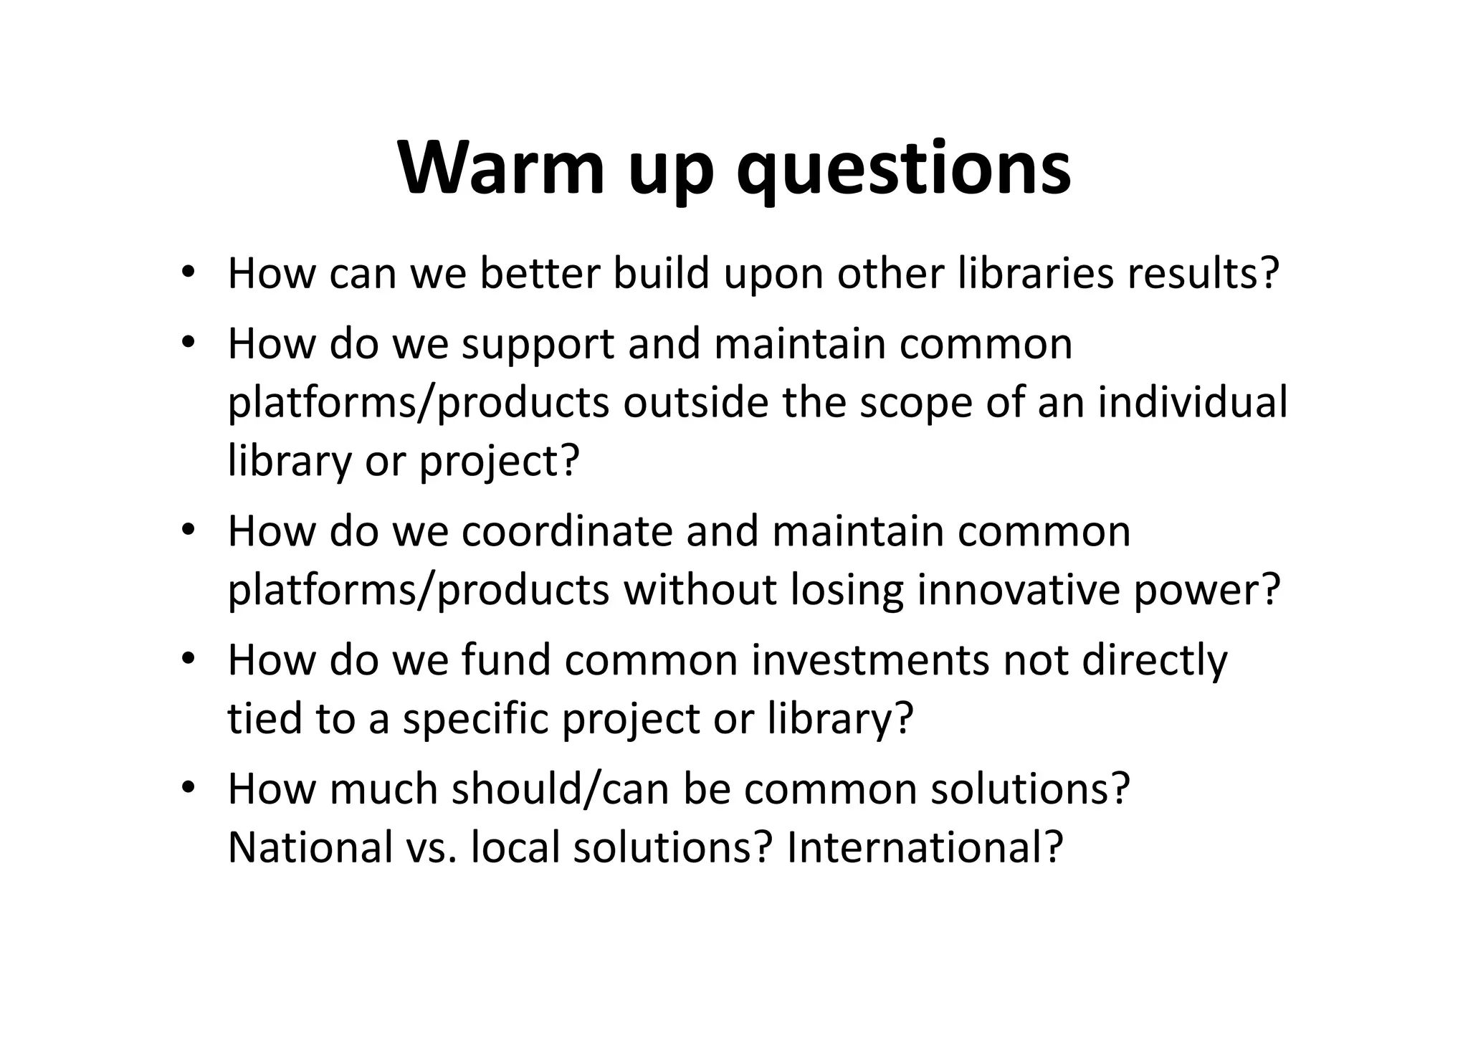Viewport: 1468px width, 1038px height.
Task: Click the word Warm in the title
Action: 502,169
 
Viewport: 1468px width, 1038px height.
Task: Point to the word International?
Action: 925,847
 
